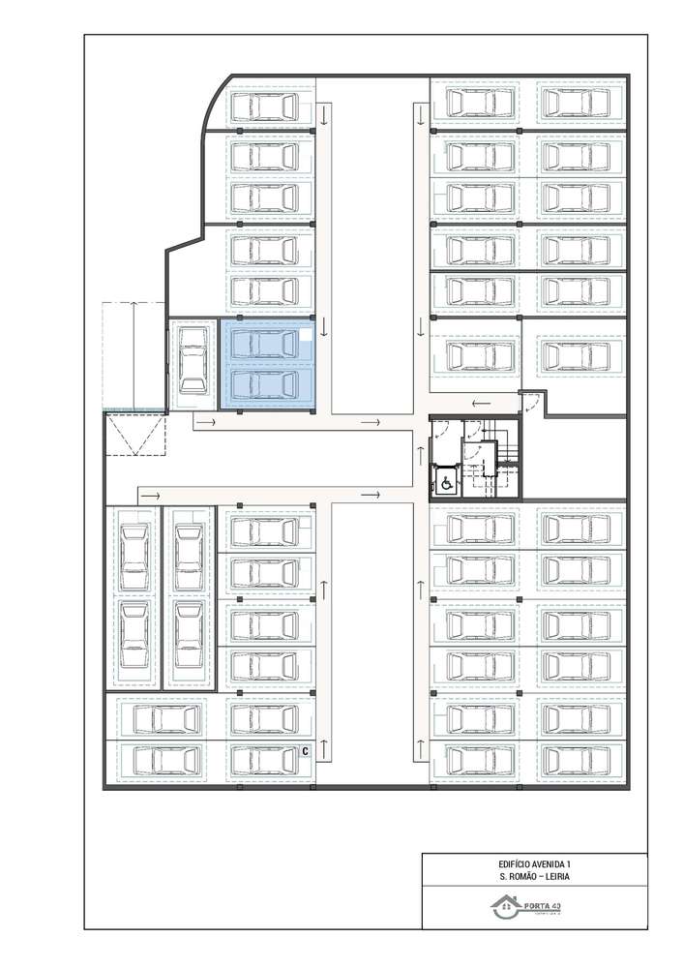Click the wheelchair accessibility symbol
(x=448, y=481)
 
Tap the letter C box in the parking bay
(x=304, y=750)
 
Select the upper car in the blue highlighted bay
(x=266, y=343)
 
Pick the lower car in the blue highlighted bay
(x=266, y=384)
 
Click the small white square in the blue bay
(x=306, y=336)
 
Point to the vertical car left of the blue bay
(x=193, y=358)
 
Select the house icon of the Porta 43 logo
(x=505, y=907)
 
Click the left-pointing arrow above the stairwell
(x=481, y=404)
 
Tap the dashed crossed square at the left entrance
(x=135, y=433)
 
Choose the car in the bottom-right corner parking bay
(x=576, y=761)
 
